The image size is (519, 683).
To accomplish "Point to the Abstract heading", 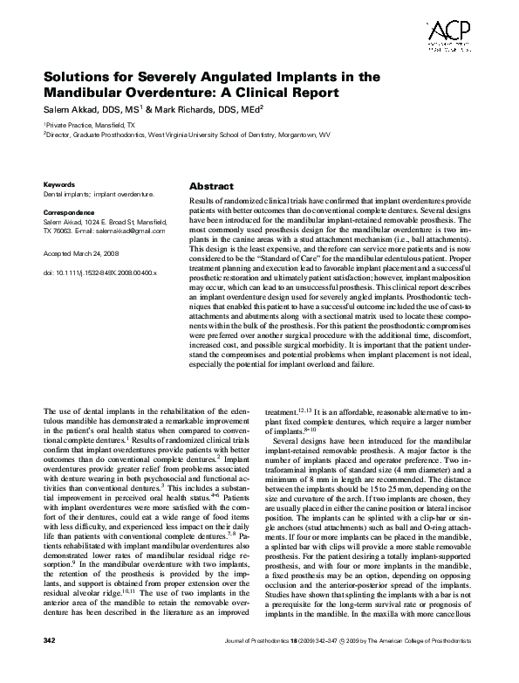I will coord(211,187).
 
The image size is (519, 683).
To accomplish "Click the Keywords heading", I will coord(59,185).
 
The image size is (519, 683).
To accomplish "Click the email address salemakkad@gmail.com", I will coord(132,230).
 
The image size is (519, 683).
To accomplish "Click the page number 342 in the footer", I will coord(50,666).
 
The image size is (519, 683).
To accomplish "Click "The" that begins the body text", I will coord(50,410).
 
